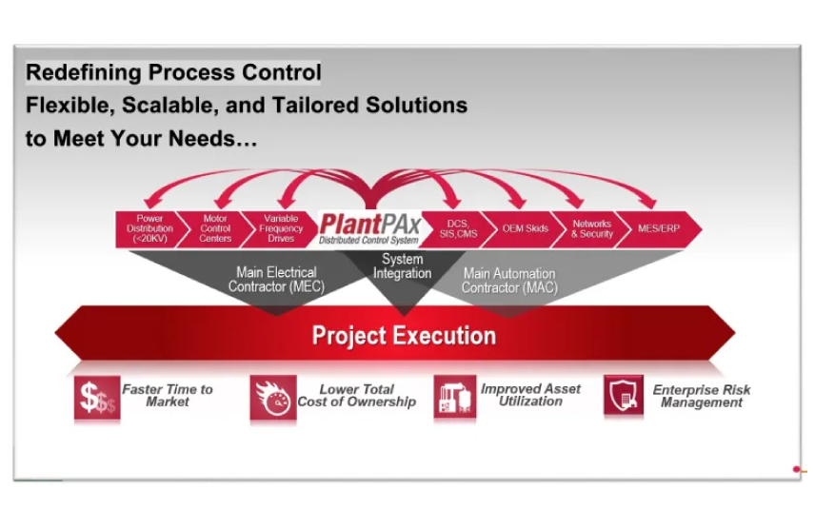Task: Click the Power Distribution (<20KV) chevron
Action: pos(149,228)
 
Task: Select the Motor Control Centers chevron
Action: pos(215,228)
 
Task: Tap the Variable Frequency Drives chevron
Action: pos(281,228)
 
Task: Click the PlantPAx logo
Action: pos(369,228)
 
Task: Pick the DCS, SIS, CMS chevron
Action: pos(457,228)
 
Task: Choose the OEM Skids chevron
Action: pos(525,228)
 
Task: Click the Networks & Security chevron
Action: pos(592,228)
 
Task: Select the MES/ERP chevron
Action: pos(659,228)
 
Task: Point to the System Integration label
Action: pos(403,266)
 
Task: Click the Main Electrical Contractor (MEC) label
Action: pos(276,280)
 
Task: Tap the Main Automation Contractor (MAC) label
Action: pos(509,281)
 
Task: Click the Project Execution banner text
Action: pos(404,336)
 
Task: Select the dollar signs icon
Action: pos(97,398)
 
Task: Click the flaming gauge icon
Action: pos(273,398)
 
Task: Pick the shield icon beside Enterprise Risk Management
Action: pos(624,396)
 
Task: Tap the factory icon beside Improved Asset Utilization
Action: pos(455,397)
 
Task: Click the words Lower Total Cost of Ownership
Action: pos(356,396)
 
